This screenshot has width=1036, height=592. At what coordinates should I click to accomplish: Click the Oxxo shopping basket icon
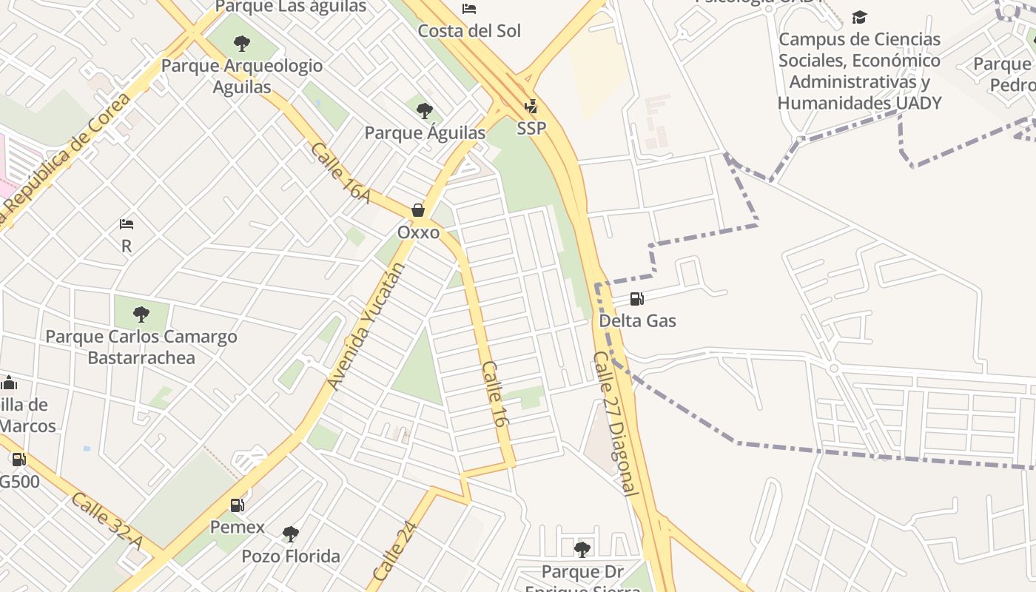coord(418,210)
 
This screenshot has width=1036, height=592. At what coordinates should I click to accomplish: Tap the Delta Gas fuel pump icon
coord(636,299)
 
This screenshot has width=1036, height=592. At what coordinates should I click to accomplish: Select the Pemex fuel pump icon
coord(237,505)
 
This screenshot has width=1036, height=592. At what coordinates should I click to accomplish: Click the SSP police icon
coord(531,107)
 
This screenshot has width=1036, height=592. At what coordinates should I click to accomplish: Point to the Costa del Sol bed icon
coord(469,9)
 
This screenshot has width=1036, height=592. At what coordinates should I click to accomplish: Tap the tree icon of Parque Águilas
coord(424,111)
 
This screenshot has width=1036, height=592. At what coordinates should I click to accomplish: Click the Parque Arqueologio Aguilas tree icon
coord(241,44)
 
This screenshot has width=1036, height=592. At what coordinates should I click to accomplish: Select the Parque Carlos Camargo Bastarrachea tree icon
coord(141,314)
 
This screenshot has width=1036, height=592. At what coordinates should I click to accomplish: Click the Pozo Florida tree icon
coord(291,534)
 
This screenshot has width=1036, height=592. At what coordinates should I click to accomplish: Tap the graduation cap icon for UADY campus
coord(859,17)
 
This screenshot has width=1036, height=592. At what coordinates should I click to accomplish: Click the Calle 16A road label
coord(340,172)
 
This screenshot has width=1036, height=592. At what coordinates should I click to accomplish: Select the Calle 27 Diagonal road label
coord(615,423)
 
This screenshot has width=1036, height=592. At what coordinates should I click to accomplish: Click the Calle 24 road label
coord(395,551)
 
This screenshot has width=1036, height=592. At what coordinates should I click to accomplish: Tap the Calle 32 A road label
coord(107,521)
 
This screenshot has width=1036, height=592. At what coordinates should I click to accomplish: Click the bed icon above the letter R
coord(127,224)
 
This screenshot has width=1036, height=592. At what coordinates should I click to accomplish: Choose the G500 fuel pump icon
coord(18,460)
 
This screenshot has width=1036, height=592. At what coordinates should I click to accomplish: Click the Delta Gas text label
coord(637,321)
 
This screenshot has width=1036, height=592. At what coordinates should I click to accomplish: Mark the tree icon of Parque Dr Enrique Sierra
coord(582,549)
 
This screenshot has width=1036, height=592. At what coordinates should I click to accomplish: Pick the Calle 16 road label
coord(494,394)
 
